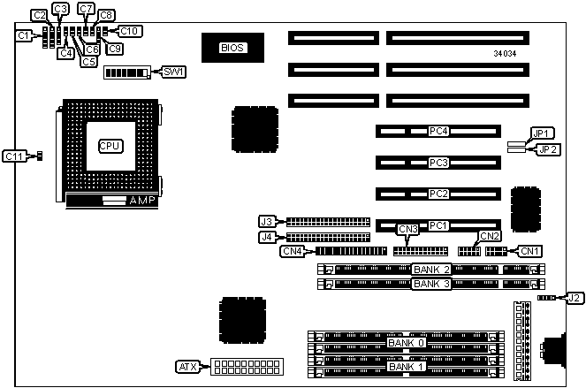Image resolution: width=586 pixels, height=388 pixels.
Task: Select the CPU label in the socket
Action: click(x=109, y=146)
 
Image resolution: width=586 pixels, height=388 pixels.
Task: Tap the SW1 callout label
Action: click(x=173, y=72)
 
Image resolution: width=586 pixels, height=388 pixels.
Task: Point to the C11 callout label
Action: click(x=15, y=156)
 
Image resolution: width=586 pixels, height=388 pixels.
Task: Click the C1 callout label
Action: click(x=26, y=35)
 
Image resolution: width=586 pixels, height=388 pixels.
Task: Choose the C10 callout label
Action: click(x=130, y=31)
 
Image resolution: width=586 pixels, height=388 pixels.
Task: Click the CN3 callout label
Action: click(x=407, y=230)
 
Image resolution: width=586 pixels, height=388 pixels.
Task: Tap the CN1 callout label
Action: click(x=529, y=251)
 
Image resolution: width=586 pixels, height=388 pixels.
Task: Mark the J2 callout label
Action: click(x=575, y=298)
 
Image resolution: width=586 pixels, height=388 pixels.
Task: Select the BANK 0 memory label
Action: click(x=407, y=342)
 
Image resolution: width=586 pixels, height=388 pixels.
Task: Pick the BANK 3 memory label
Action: click(x=432, y=284)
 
